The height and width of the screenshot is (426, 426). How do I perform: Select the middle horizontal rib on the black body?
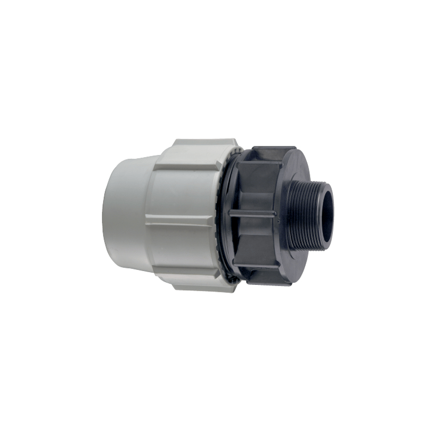point(252,213)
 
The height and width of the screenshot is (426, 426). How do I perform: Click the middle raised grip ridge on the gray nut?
point(181,218)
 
